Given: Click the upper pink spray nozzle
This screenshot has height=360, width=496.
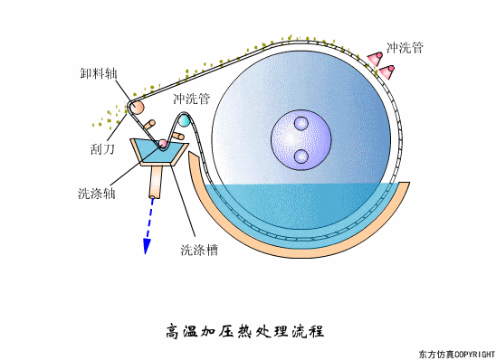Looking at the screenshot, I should tap(375, 57).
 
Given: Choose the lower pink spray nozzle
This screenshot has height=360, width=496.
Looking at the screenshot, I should tap(387, 71).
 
